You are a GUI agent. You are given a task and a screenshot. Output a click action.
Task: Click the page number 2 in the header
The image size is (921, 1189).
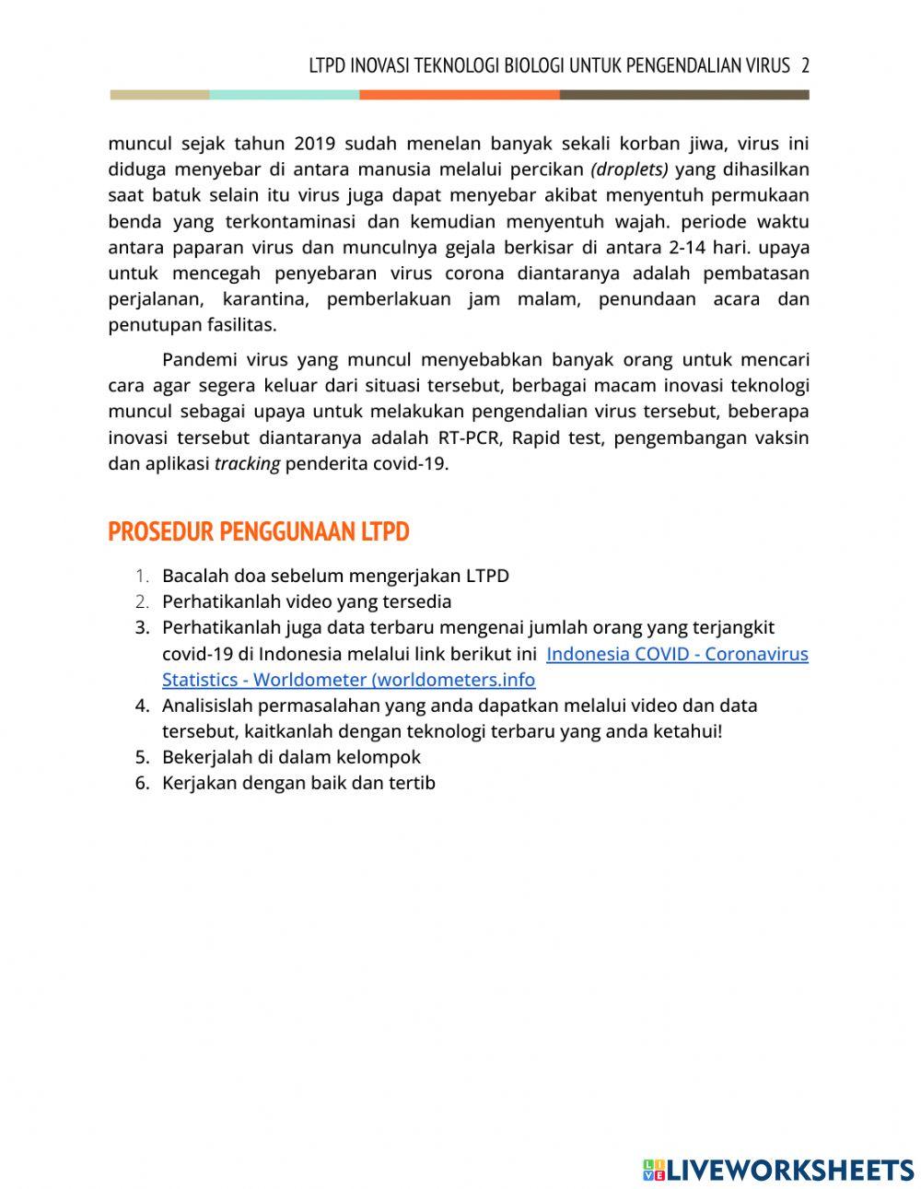[805, 65]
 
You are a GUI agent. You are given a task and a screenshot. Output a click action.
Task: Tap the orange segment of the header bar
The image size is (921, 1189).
[459, 95]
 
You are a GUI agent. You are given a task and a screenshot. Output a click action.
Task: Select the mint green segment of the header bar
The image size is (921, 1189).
[284, 95]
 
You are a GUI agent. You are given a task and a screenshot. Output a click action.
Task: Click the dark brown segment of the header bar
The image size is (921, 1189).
[683, 95]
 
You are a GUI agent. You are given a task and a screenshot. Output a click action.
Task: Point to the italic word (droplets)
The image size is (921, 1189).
[629, 169]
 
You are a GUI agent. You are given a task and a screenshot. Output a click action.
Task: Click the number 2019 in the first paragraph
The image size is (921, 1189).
[315, 144]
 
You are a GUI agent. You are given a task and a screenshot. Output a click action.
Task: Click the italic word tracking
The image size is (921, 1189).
[247, 463]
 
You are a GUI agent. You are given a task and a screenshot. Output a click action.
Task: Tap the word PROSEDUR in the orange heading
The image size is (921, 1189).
[160, 532]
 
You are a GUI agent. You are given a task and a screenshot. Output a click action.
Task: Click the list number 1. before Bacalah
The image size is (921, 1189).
[142, 576]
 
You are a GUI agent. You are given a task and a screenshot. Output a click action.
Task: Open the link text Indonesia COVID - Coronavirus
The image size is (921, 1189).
[677, 654]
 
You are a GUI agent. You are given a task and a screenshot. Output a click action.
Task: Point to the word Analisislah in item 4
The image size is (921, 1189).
[209, 705]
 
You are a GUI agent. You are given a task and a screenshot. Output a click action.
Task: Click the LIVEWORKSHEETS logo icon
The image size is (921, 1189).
[653, 1170]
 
